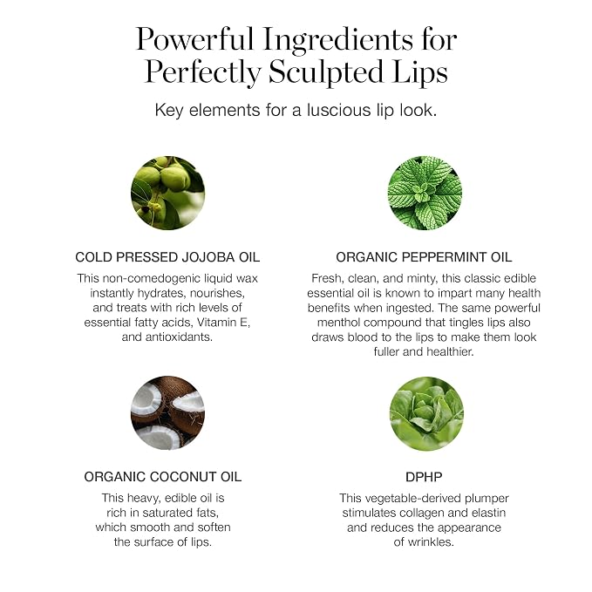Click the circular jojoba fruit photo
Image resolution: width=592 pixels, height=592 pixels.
[x=167, y=193]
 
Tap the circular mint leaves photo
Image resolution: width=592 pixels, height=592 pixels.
[x=425, y=193]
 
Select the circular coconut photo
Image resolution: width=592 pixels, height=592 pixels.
[x=167, y=412]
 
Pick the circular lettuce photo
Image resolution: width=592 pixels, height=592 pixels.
[x=426, y=413]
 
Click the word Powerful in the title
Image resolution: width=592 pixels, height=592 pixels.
[x=194, y=39]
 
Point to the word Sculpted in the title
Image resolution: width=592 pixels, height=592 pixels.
[x=326, y=71]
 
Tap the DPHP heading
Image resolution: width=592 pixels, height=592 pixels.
[x=424, y=477]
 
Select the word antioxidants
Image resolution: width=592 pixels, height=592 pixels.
[x=179, y=337]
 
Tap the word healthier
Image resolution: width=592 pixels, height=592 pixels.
[x=450, y=352]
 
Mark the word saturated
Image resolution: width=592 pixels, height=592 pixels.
[x=171, y=513]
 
